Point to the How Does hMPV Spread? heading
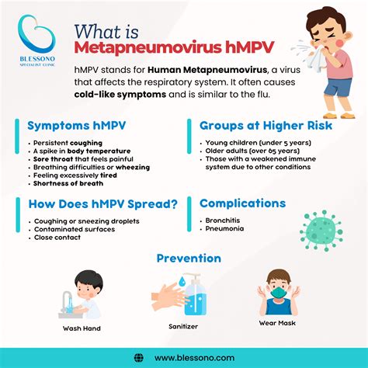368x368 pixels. click(102, 204)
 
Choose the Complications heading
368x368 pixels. click(242, 203)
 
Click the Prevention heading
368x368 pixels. click(189, 258)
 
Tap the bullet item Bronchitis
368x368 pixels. click(222, 222)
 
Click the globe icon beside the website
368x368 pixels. click(139, 357)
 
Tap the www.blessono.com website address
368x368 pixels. click(194, 357)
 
